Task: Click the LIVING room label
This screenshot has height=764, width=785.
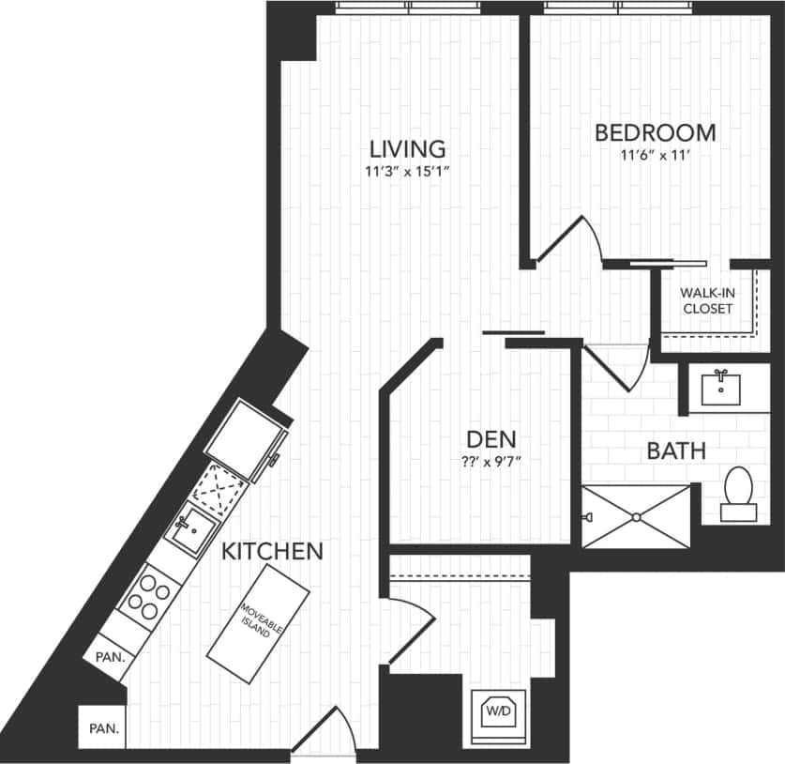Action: click(x=406, y=148)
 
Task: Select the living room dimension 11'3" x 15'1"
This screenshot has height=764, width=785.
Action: click(x=406, y=173)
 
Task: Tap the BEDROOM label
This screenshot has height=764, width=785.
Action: click(x=655, y=132)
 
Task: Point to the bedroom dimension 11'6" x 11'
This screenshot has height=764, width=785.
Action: click(x=655, y=156)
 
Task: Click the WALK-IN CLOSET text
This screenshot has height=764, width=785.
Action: click(x=708, y=300)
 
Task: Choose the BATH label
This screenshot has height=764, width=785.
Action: click(x=675, y=451)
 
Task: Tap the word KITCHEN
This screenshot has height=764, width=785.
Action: click(x=272, y=551)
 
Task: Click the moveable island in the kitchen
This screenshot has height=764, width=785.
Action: click(x=258, y=624)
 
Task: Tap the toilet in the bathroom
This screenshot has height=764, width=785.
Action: click(x=739, y=493)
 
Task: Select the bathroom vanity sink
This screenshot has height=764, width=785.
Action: click(x=722, y=387)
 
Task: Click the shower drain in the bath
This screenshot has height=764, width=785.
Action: click(x=636, y=516)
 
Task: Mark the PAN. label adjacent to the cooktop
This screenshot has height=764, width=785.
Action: click(x=111, y=657)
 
